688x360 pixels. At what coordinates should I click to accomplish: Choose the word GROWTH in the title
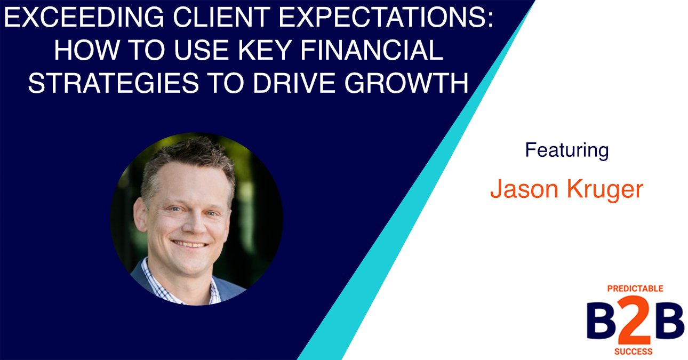click(409, 83)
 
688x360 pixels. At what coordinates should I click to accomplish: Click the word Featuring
click(566, 150)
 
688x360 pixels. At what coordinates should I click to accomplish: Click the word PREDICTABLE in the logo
click(635, 289)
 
